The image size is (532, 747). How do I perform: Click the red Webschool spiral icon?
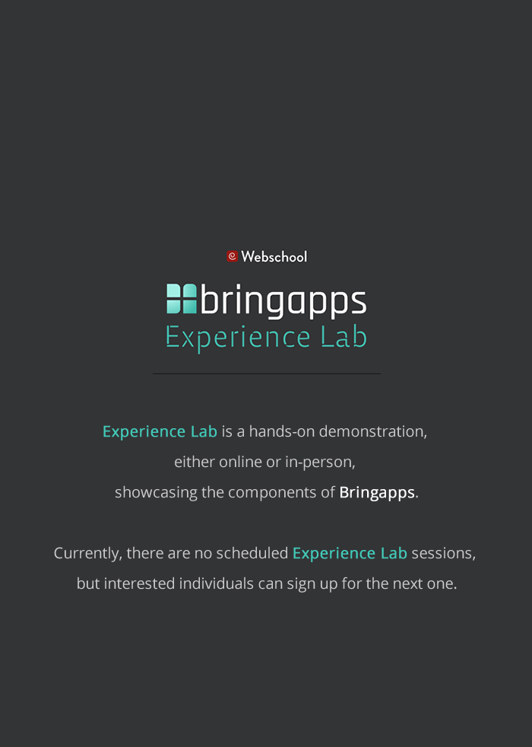pyautogui.click(x=232, y=256)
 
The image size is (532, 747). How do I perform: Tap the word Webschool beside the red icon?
pyautogui.click(x=274, y=257)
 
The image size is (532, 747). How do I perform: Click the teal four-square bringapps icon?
pyautogui.click(x=182, y=299)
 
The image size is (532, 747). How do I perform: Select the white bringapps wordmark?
pyautogui.click(x=283, y=301)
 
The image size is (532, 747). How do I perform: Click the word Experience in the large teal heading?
pyautogui.click(x=238, y=337)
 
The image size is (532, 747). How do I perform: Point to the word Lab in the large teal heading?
pyautogui.click(x=344, y=337)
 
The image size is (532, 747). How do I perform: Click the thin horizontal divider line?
pyautogui.click(x=266, y=373)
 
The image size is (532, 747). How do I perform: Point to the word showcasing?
pyautogui.click(x=156, y=492)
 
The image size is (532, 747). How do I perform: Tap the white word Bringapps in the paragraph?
pyautogui.click(x=377, y=492)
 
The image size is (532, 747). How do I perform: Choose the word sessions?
pyautogui.click(x=443, y=553)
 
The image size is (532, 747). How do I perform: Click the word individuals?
pyautogui.click(x=218, y=583)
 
